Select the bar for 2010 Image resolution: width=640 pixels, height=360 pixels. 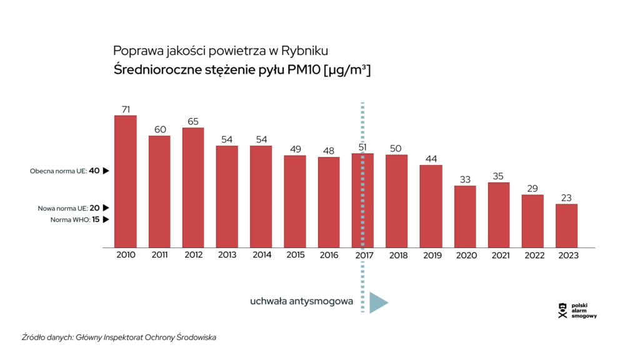126,181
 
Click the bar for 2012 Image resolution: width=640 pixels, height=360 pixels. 193,187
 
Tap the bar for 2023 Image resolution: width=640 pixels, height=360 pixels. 566,226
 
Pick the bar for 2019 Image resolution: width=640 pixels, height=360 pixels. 431,206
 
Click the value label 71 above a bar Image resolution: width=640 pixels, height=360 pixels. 126,109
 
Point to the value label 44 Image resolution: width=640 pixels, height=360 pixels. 431,159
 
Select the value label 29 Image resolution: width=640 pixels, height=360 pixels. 532,188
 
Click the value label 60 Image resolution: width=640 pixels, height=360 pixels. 160,129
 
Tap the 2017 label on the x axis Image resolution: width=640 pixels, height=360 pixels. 364,256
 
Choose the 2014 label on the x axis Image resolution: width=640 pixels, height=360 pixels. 261,256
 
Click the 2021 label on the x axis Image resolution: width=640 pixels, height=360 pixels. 499,256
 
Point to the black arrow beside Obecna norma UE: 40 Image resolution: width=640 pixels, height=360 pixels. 106,171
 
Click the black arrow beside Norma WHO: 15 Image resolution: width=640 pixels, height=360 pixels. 106,219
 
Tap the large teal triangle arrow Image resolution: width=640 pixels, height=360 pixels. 377,302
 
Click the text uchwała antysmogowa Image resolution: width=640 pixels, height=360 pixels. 301,301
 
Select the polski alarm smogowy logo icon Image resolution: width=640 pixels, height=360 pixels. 562,311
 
